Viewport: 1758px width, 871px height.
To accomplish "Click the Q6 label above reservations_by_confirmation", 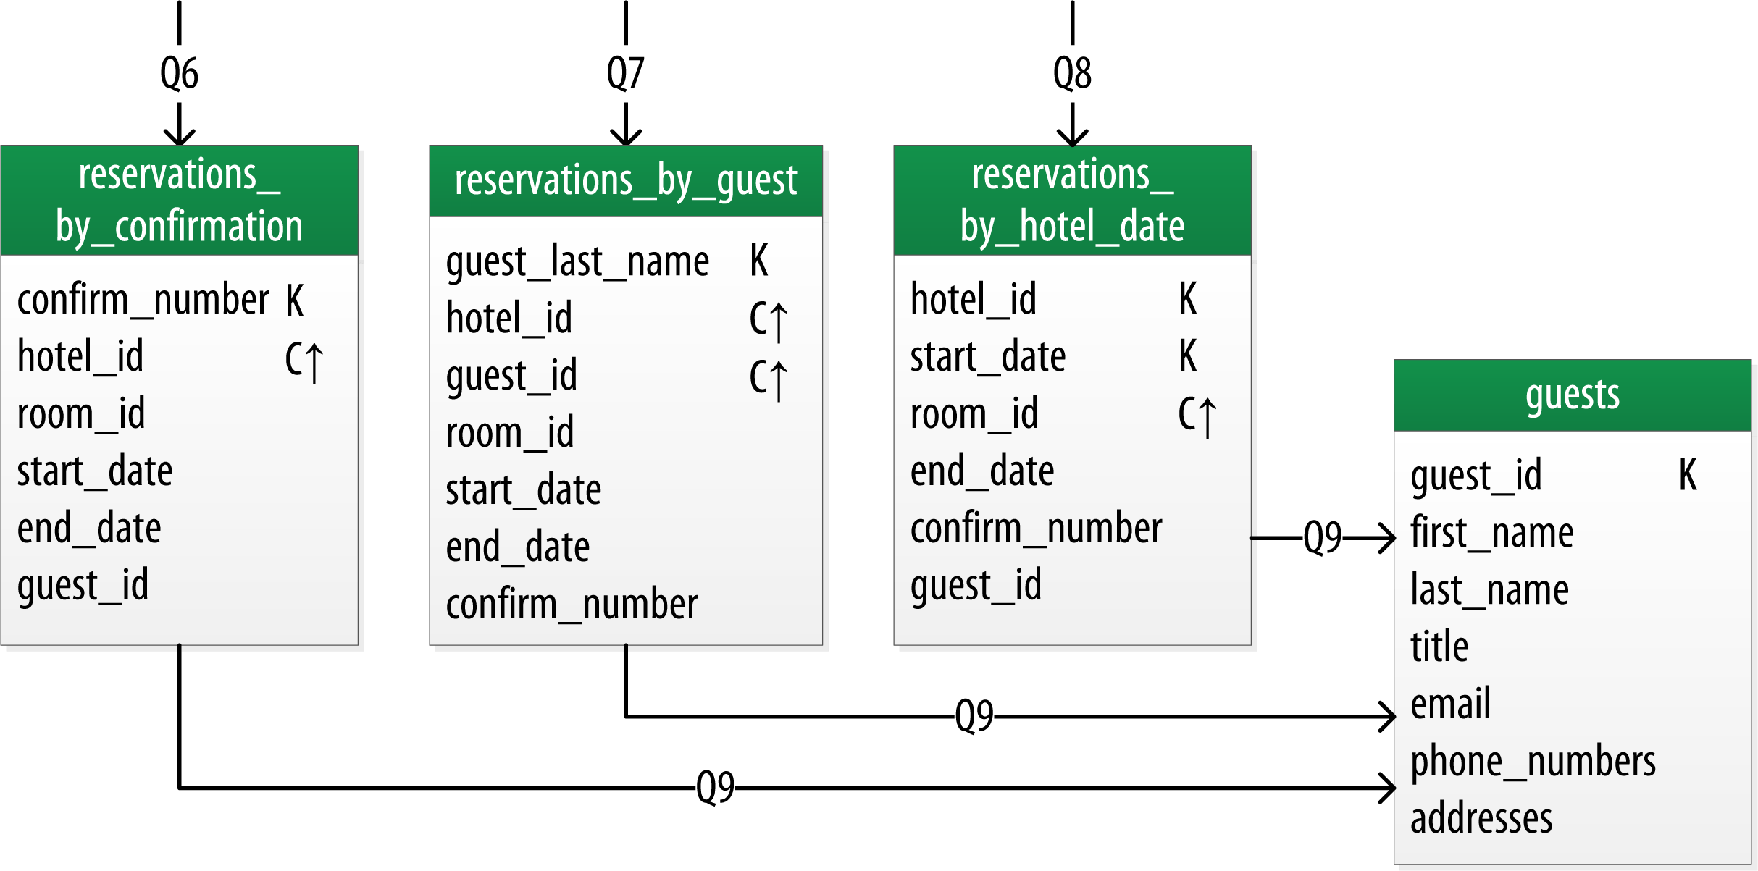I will [x=179, y=73].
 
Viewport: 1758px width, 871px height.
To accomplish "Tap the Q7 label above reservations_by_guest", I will [x=625, y=73].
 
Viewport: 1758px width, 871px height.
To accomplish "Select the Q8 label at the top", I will [x=1072, y=73].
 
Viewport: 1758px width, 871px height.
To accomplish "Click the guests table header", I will [x=1572, y=395].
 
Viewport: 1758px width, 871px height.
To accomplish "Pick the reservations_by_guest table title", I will [x=625, y=181].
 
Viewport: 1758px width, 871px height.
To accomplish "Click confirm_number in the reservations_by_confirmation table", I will [x=143, y=300].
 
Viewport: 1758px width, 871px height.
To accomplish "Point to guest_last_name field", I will [x=577, y=261].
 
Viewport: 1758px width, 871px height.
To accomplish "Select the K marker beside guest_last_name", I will [x=758, y=261].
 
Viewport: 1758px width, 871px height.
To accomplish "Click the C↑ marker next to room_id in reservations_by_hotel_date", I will [x=1197, y=416].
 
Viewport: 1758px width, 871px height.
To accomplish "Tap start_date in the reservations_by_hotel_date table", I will [x=987, y=357].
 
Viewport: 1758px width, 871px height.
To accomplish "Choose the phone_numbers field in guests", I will [x=1533, y=762].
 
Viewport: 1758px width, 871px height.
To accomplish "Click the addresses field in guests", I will [x=1481, y=819].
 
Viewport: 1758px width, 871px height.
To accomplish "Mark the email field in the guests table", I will [x=1450, y=704].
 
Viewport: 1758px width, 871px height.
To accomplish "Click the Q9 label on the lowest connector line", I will [x=715, y=787].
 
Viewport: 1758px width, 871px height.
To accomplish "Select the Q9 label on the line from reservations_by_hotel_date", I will [x=1322, y=537].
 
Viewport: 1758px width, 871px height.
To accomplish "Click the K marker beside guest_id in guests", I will [x=1687, y=475].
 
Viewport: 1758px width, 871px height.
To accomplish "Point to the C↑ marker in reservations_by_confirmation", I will [x=304, y=360].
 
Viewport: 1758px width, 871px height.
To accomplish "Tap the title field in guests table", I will [x=1439, y=647].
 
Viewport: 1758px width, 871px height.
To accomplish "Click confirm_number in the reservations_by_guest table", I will [x=572, y=605].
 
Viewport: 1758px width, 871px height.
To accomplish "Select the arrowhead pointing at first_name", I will [x=1387, y=538].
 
